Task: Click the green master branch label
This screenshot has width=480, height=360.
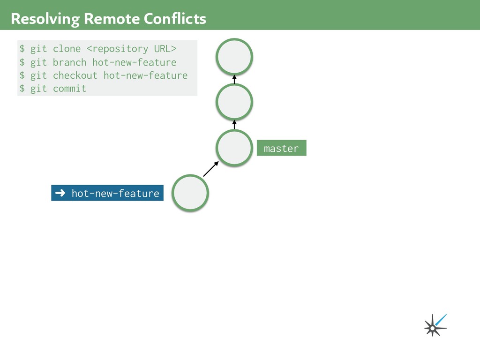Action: tap(281, 148)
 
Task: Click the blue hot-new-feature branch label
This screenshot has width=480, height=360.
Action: tap(107, 193)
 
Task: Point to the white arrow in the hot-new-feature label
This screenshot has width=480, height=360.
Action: tap(60, 193)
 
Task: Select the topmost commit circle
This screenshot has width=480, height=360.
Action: tap(234, 57)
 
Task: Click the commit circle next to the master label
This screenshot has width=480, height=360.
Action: tap(234, 148)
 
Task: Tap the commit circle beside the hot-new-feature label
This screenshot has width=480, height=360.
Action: tap(190, 193)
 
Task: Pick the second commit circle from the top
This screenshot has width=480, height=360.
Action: tap(234, 102)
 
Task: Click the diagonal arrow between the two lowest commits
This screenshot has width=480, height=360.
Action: tap(211, 169)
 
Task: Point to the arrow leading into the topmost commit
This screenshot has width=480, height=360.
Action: tap(234, 79)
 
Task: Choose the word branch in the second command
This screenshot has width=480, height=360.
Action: tap(69, 62)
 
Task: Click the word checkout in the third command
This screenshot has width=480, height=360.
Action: tap(75, 75)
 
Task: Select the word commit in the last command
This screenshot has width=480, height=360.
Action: tap(69, 89)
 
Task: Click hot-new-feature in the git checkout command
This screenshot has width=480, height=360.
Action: tap(145, 75)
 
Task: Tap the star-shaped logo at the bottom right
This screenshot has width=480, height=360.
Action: tap(435, 325)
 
